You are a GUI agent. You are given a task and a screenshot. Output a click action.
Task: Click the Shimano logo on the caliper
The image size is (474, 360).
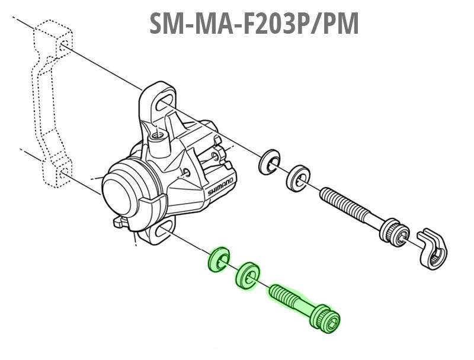220,185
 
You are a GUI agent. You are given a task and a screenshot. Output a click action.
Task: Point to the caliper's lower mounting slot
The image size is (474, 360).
161,233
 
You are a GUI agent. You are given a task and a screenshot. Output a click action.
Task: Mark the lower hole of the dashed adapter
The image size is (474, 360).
62,174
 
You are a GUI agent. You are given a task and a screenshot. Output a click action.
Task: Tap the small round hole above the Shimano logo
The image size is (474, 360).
187,172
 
